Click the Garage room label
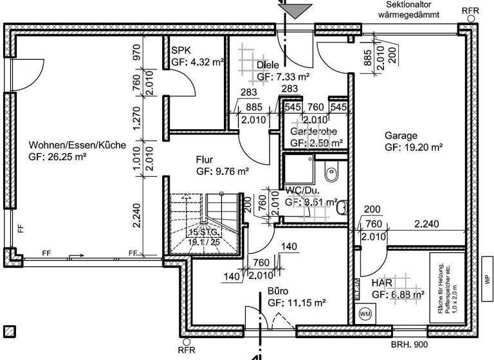point(401,136)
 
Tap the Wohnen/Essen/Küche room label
point(77,145)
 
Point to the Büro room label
point(278,290)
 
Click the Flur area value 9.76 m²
point(223,172)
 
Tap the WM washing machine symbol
point(365,314)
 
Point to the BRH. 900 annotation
point(410,345)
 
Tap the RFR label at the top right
point(470,12)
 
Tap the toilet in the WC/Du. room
point(331,172)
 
